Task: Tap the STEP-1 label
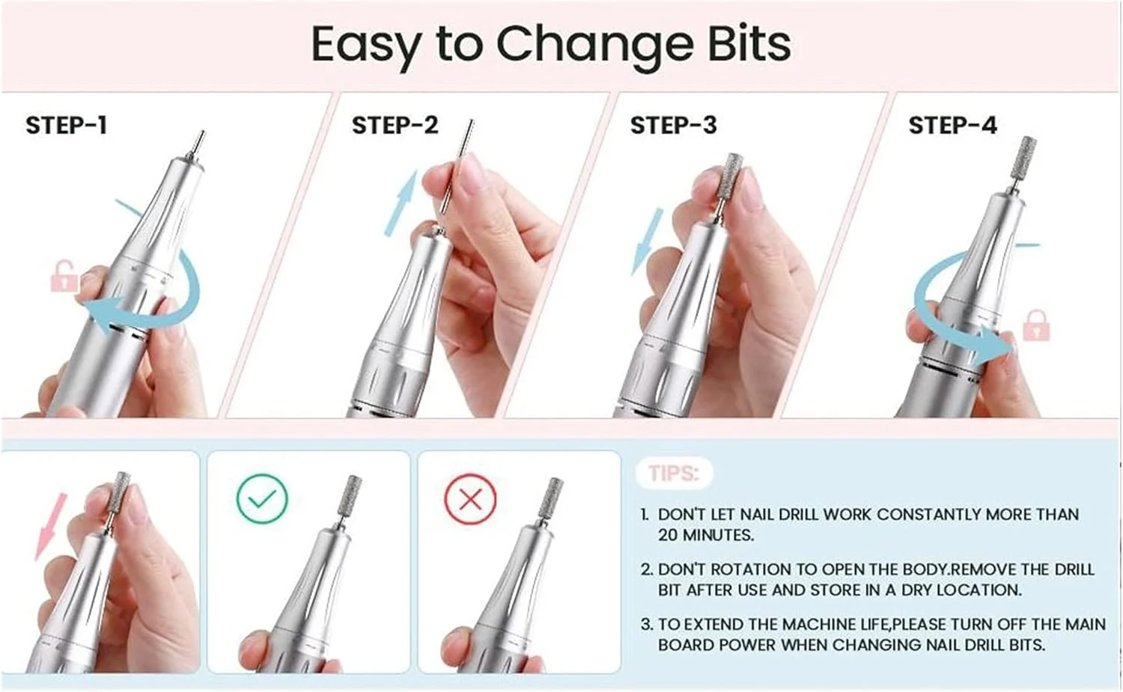(x=67, y=125)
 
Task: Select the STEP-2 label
(x=395, y=125)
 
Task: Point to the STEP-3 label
(x=673, y=125)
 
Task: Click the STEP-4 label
(x=952, y=125)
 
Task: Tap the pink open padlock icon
(x=64, y=276)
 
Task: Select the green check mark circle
(x=262, y=498)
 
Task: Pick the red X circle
(x=470, y=499)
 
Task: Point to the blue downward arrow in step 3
(x=648, y=242)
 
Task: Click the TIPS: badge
(x=673, y=474)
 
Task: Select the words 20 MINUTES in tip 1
(x=706, y=536)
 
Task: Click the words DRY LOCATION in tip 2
(x=961, y=590)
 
